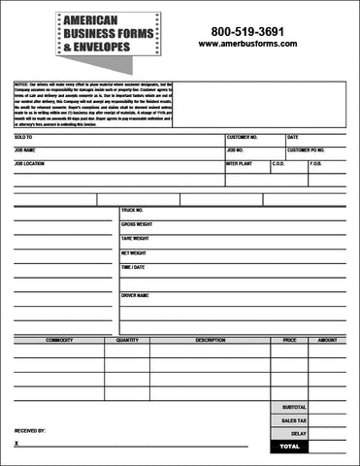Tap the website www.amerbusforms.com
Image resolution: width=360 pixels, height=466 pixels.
(247, 44)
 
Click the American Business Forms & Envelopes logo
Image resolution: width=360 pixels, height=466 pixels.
(108, 35)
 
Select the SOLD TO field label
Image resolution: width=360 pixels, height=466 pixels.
(23, 138)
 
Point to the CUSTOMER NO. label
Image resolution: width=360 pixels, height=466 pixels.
(243, 138)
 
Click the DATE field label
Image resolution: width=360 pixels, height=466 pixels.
(293, 138)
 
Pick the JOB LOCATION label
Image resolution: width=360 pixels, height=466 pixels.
(30, 164)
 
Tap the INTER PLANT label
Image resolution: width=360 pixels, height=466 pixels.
(239, 164)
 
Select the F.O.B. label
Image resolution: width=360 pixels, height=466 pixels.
(315, 164)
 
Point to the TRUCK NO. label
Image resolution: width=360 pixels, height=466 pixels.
(132, 210)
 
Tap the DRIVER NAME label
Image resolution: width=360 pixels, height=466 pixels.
(135, 295)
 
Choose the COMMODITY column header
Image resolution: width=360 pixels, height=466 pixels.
(59, 341)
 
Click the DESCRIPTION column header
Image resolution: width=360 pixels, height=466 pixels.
(210, 341)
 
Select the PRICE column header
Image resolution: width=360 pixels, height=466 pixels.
(289, 341)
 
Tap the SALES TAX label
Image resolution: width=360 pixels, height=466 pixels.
(293, 420)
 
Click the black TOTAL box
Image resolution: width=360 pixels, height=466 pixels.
(290, 446)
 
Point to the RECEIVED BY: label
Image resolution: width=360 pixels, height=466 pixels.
(30, 428)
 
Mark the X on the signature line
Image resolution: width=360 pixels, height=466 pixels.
(16, 443)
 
